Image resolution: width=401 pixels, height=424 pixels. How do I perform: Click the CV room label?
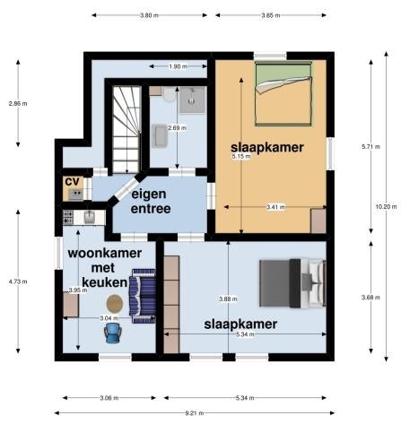tap(72, 181)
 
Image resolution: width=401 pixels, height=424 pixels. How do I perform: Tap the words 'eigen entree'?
tap(151, 202)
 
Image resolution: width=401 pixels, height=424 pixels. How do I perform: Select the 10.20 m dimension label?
tap(386, 206)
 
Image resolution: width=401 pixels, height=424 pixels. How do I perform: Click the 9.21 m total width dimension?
tap(195, 413)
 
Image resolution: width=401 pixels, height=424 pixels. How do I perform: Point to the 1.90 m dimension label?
tap(178, 66)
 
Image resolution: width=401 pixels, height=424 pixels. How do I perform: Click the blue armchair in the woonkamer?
tap(113, 333)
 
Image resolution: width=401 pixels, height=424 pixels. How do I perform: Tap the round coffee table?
tap(115, 303)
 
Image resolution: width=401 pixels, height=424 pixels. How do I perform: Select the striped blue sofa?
tap(143, 296)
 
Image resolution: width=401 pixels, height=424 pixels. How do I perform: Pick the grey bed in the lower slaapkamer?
tap(292, 283)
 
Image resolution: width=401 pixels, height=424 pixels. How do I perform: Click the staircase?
tap(126, 130)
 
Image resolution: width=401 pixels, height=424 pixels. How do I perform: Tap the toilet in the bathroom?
tap(170, 93)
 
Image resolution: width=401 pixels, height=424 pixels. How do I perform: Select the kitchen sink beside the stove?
tap(90, 217)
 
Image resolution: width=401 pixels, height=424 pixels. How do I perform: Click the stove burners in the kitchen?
tap(68, 218)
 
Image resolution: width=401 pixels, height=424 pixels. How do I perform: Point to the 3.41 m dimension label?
tap(275, 207)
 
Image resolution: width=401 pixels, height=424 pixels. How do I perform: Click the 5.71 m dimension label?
tap(370, 147)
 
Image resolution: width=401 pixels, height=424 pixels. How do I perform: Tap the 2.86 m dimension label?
tap(18, 104)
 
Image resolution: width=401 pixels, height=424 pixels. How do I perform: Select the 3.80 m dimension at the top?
tap(149, 15)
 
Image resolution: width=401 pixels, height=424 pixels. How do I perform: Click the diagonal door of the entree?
tap(126, 188)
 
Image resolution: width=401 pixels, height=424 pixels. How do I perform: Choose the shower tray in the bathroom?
tap(193, 100)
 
